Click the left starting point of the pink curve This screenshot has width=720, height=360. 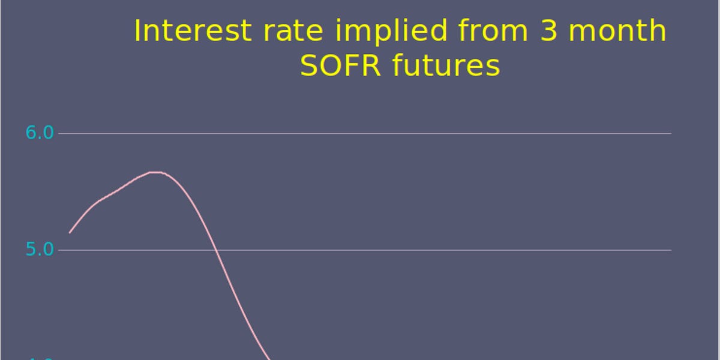70,233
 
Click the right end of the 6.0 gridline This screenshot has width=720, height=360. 671,133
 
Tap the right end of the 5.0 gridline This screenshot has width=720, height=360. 671,250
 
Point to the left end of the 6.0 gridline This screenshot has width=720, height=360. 59,133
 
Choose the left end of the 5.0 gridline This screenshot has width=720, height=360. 59,250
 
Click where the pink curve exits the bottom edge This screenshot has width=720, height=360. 271,359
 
